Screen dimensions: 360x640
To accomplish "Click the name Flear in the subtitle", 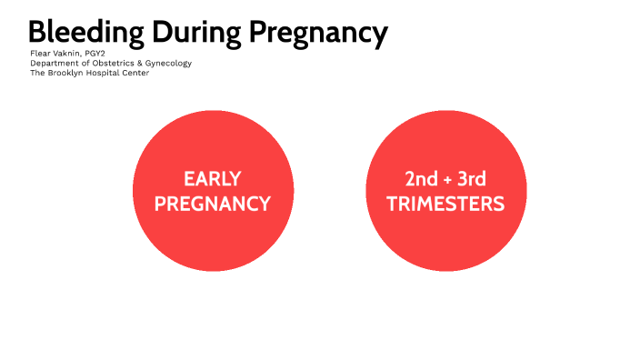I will [x=40, y=54].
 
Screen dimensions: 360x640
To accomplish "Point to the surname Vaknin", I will [x=69, y=54].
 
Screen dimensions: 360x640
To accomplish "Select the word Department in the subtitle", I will [x=53, y=64].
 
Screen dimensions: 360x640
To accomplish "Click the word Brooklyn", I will [x=67, y=74].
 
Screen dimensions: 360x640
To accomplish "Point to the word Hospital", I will [x=108, y=74].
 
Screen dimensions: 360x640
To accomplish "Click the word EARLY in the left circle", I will [x=213, y=179].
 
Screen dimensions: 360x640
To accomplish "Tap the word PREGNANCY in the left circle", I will [x=213, y=204].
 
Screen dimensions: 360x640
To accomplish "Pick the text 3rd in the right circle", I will [x=469, y=179].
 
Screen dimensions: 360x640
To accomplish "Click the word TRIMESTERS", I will [x=445, y=204].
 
